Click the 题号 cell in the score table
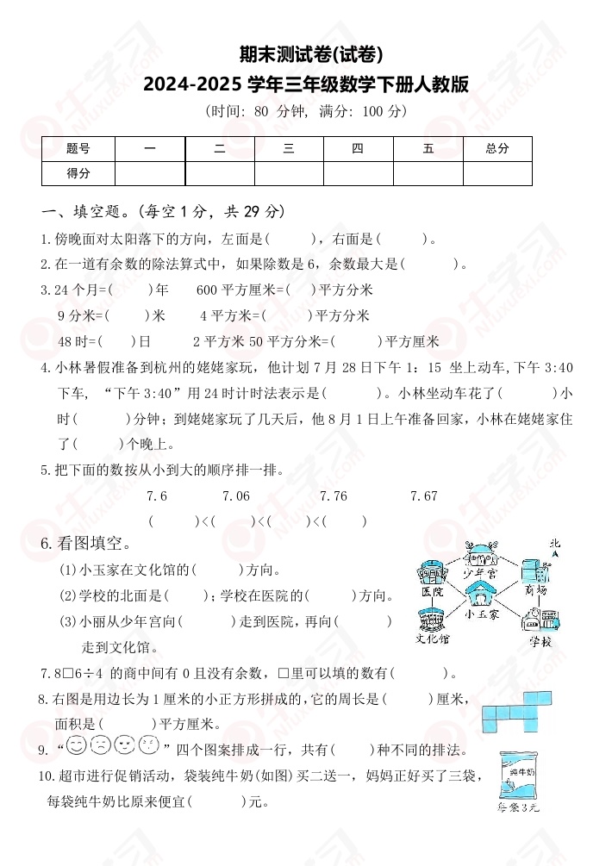tap(78, 148)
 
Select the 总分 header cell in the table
tap(497, 148)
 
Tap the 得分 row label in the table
tap(78, 173)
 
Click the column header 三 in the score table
tap(289, 148)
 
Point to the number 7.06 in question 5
tap(236, 495)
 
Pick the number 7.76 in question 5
tap(334, 495)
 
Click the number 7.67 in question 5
tap(424, 495)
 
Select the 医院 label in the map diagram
tap(432, 594)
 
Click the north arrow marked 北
tap(555, 547)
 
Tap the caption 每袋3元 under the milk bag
tap(519, 808)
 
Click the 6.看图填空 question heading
tap(86, 544)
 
